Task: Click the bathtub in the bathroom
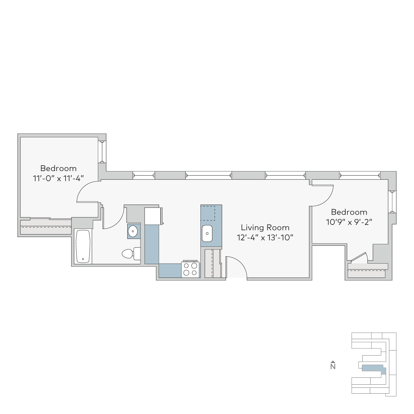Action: click(83, 246)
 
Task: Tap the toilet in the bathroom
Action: click(131, 254)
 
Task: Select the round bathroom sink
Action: click(133, 231)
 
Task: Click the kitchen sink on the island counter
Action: click(207, 233)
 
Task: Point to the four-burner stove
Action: click(190, 269)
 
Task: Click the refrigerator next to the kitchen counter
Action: click(153, 216)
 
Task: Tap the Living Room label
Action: click(265, 227)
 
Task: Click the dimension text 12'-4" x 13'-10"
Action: click(265, 238)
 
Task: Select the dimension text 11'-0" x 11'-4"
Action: click(58, 178)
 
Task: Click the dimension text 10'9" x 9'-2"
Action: click(349, 222)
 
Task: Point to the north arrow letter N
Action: click(333, 367)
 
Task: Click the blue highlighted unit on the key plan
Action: click(374, 369)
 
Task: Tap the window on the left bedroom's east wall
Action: click(102, 152)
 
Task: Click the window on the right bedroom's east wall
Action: click(392, 202)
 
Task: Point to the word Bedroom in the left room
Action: click(58, 168)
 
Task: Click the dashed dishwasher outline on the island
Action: click(208, 213)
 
